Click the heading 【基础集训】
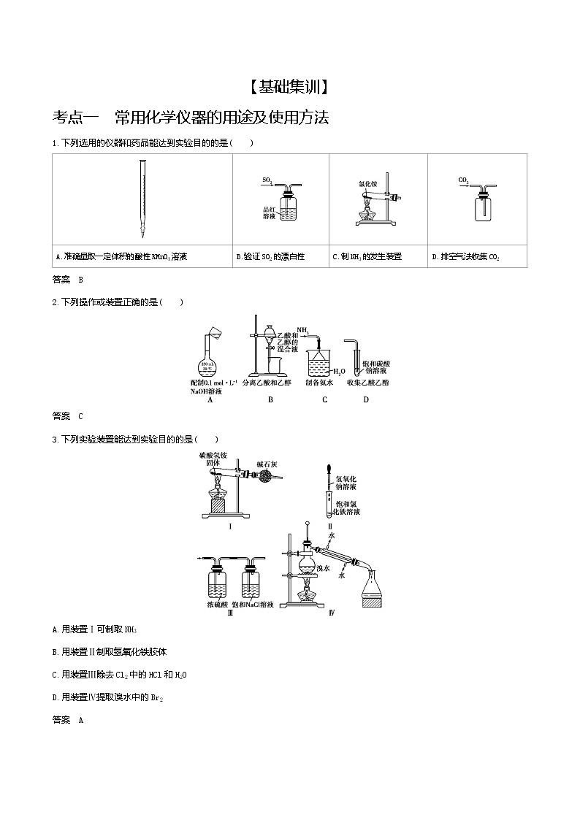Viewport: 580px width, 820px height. tap(289, 88)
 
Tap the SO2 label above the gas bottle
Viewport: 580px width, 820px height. tap(268, 179)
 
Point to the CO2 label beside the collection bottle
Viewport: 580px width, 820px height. tap(463, 180)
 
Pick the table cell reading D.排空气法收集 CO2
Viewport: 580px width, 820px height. tap(465, 257)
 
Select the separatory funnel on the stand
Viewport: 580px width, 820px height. tap(271, 338)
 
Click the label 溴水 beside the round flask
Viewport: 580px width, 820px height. tap(323, 567)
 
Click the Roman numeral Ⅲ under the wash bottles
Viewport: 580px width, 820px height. tap(231, 613)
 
